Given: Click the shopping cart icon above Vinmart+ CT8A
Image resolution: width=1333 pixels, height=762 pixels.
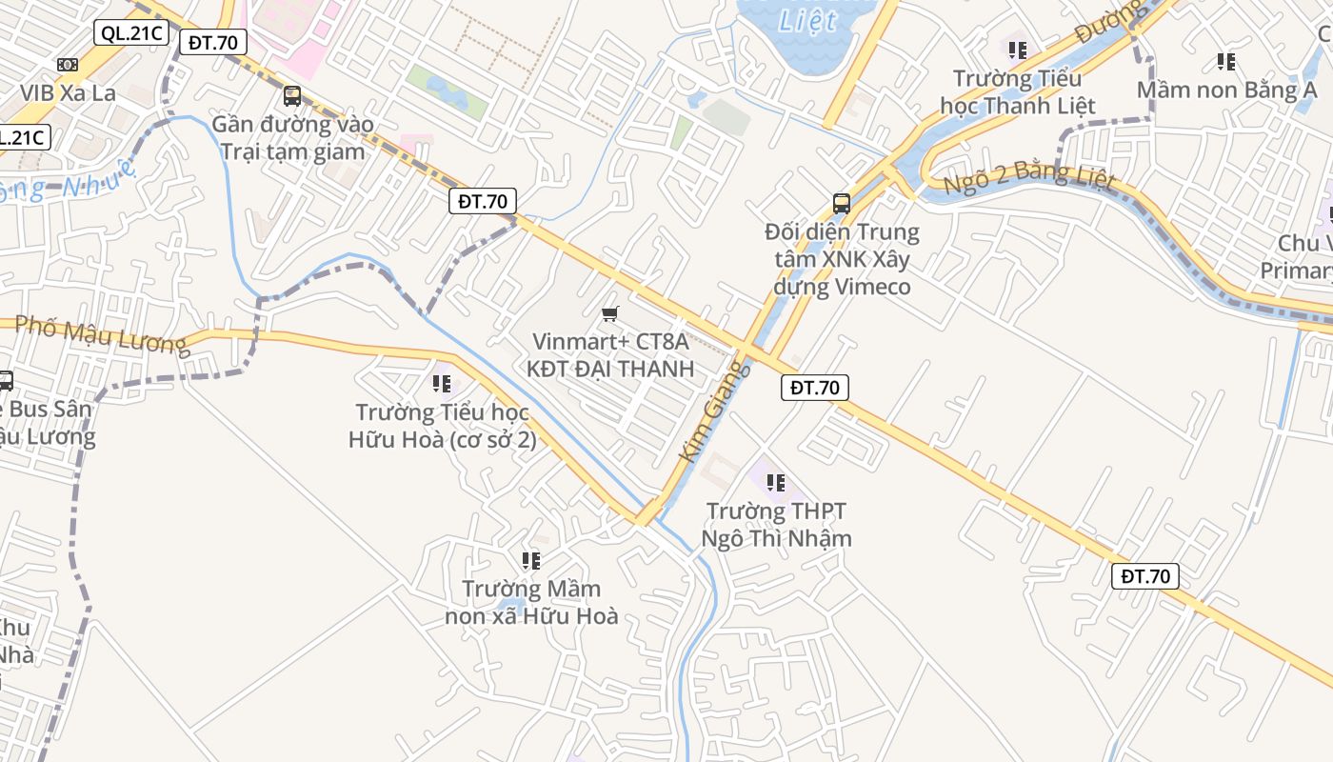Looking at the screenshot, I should pos(610,313).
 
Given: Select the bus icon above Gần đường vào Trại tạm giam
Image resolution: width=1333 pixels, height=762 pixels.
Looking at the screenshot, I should pos(292,95).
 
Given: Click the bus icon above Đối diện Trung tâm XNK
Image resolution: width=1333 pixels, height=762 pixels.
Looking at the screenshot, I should pos(842,203).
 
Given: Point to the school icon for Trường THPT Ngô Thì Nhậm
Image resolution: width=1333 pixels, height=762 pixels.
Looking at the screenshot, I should pos(776,483).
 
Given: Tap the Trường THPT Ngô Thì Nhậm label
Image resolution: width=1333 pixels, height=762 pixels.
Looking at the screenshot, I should pos(776,525).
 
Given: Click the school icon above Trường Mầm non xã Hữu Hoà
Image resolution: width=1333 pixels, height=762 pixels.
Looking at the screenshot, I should pos(531,560).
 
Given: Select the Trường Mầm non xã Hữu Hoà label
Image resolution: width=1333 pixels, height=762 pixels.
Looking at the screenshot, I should pos(531,602).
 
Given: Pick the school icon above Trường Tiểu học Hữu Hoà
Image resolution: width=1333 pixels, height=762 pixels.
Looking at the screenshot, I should pos(442,383).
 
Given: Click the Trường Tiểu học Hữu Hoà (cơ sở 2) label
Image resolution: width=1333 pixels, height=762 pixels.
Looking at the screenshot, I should pos(442,426).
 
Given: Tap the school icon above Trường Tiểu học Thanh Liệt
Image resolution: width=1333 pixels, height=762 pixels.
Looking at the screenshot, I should pos(1018,49).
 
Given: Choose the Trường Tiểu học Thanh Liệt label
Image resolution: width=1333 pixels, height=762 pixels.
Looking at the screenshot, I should pos(1018,91).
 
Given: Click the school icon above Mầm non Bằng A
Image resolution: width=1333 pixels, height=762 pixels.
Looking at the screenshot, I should pos(1226,62).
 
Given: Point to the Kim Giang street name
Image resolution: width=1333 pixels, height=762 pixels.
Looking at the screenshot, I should pos(708,411).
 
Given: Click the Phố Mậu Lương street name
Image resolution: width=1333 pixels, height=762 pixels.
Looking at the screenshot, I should pos(103,335).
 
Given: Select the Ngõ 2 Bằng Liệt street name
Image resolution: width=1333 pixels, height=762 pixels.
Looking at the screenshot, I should pos(1028,177).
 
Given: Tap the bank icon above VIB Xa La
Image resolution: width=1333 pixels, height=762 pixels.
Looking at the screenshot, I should pos(68,64).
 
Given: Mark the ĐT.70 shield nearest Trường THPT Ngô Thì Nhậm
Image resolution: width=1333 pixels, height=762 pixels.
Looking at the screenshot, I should pos(815,388).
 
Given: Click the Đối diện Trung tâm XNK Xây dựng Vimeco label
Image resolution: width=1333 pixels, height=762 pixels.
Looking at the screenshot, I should pos(842,259).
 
